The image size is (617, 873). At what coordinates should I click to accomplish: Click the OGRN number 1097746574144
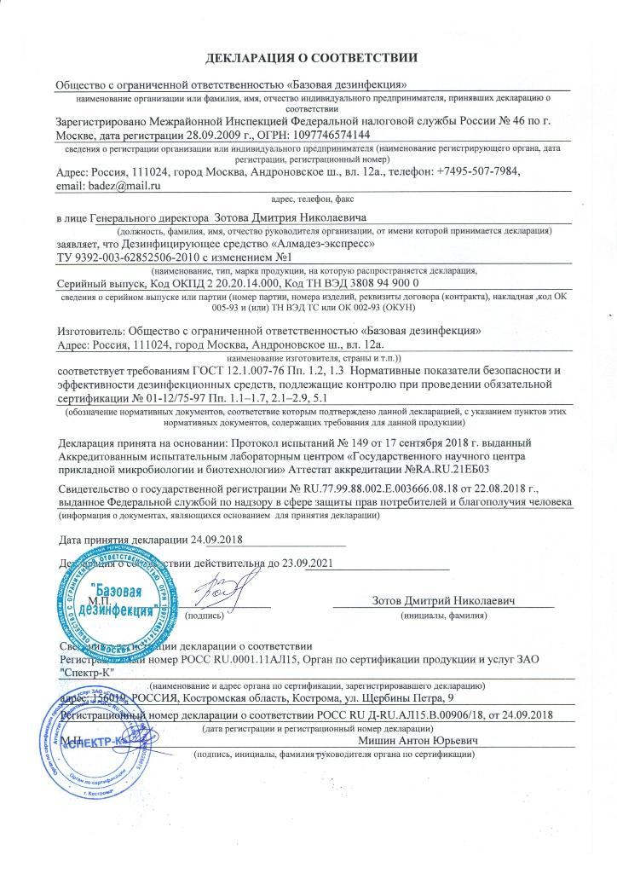(330, 136)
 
